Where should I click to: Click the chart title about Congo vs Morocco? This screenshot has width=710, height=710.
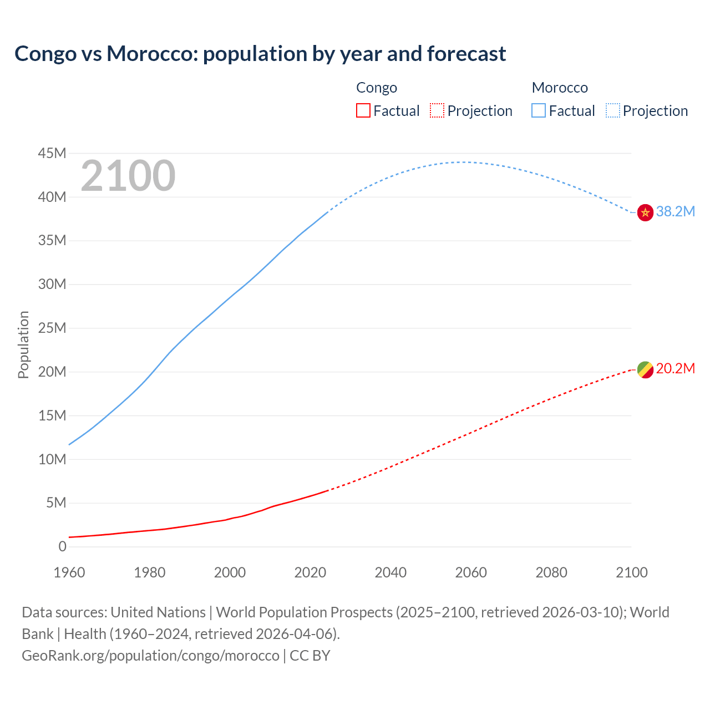coord(260,54)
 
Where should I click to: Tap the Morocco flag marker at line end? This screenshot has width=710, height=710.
coord(645,212)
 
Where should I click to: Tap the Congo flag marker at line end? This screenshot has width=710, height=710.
coord(645,369)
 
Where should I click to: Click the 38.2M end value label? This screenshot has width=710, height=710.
coord(675,211)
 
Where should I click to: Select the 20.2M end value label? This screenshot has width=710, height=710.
coord(675,369)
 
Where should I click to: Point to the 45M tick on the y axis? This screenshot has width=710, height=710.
coord(52,153)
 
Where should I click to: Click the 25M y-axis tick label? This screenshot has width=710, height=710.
coord(52,328)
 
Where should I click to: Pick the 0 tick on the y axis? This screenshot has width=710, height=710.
coord(62,546)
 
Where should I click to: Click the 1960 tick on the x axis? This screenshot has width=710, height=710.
coord(69,572)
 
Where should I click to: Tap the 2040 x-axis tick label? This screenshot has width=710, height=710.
coord(390,572)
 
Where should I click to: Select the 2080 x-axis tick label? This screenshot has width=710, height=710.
coord(551,572)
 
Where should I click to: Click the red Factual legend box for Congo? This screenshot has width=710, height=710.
coord(363,110)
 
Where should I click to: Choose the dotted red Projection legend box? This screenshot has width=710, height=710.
coord(437,110)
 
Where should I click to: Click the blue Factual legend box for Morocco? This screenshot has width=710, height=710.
coord(539,110)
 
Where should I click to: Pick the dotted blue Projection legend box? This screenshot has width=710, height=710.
coord(613,110)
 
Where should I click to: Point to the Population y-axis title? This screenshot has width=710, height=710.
coord(23,344)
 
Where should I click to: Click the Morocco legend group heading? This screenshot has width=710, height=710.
coord(560,88)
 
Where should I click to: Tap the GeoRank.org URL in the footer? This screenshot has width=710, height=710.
coord(150,656)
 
